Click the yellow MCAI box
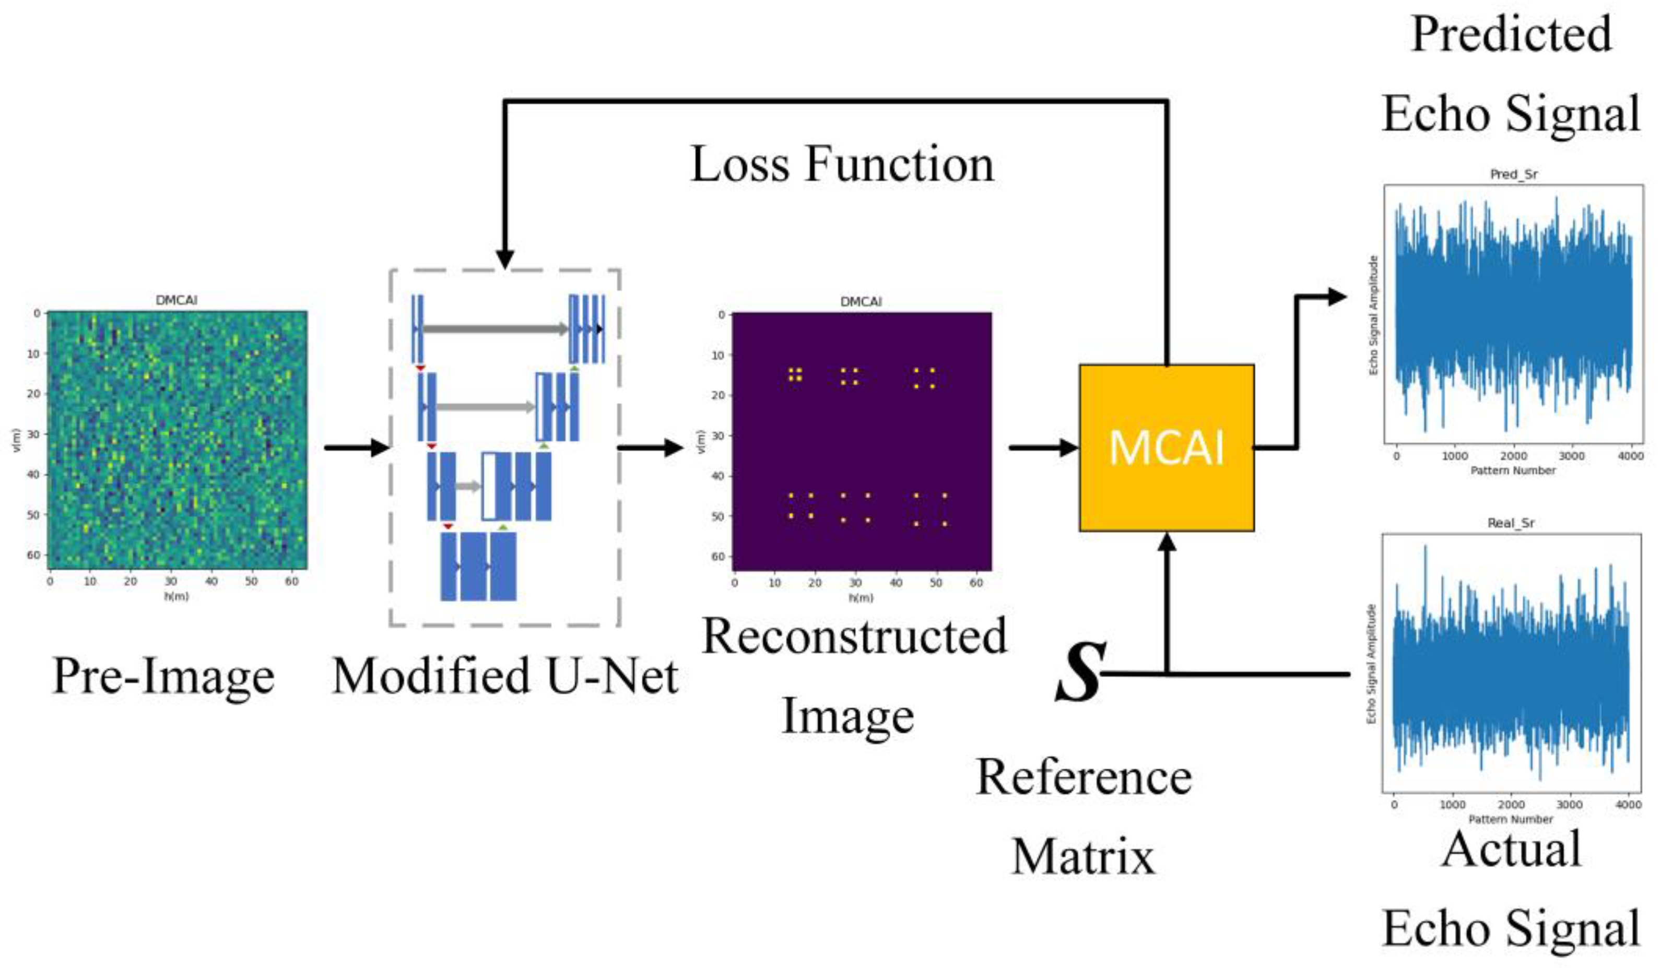(1166, 448)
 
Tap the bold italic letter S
(1079, 673)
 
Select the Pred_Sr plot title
(1513, 174)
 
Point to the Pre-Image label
(163, 676)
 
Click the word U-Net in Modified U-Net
(613, 676)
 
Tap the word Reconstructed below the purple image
(854, 637)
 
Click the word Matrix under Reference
(1083, 857)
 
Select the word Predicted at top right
(1511, 34)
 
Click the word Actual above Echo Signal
(1511, 849)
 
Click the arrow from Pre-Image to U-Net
(356, 448)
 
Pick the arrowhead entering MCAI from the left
(1068, 448)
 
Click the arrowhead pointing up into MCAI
(1167, 542)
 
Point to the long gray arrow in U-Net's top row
(494, 328)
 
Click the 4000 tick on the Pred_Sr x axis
(1630, 456)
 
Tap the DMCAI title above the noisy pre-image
(176, 300)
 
